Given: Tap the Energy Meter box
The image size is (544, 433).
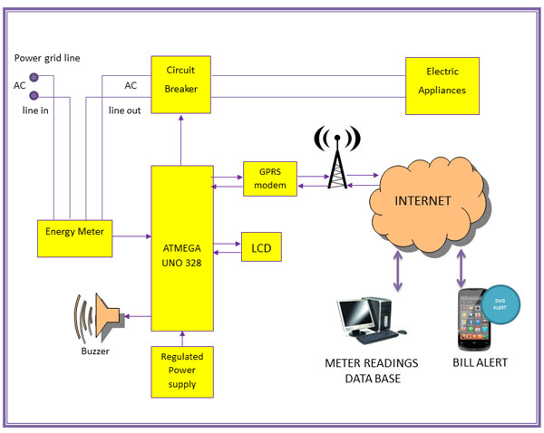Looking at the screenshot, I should point(74,232).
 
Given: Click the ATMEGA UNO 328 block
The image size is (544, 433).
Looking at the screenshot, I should point(182,247).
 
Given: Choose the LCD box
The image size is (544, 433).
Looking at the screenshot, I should point(261,246).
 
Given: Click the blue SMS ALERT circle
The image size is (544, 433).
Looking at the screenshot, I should point(499,304).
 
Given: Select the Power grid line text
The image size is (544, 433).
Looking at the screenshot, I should point(47,58).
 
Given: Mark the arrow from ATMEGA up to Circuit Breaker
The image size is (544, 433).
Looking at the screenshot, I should point(181,140).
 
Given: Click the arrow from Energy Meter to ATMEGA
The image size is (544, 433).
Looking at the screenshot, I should point(131,236).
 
